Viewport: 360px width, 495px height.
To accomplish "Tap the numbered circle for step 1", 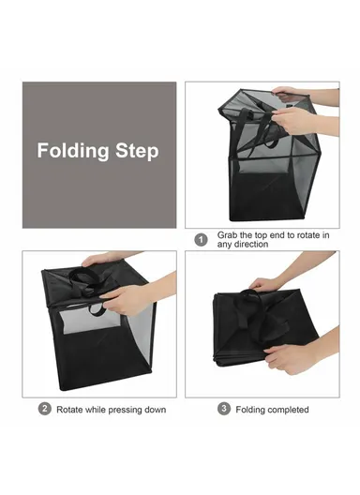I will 200,238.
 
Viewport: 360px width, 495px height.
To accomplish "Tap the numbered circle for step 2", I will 44,409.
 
